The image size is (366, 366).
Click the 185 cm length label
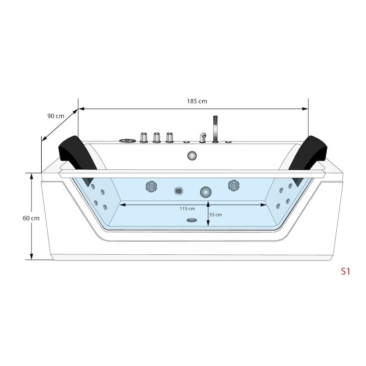tap(197, 101)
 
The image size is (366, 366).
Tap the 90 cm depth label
tap(55, 116)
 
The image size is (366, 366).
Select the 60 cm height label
tap(31, 218)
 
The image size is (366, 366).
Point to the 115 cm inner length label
tap(187, 209)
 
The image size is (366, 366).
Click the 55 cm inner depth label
tap(215, 215)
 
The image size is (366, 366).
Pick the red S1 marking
tap(345, 271)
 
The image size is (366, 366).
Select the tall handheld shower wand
tap(215, 129)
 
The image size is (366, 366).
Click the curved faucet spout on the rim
tap(203, 138)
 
